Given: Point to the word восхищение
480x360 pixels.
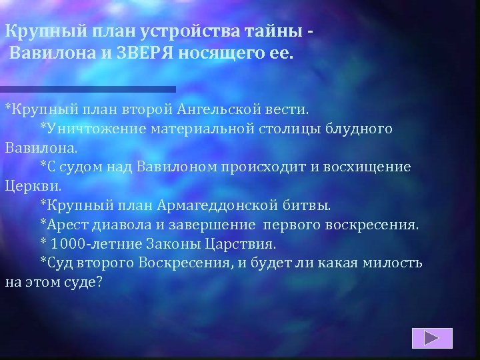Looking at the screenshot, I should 375,167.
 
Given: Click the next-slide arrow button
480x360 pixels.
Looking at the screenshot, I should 432,338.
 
